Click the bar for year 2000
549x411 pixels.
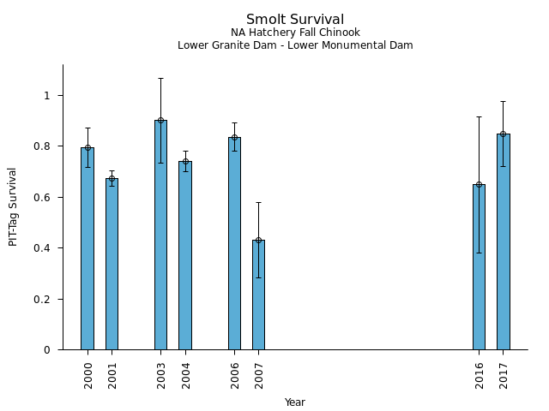[87, 248]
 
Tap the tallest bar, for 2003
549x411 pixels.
[160, 235]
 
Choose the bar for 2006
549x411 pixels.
[234, 243]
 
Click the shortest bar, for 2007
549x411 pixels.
[258, 295]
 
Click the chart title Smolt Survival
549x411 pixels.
[295, 20]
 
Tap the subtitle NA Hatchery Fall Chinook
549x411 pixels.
[295, 33]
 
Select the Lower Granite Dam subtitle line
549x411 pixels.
[295, 45]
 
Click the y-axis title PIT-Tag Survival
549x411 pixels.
[14, 206]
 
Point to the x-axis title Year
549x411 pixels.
[295, 402]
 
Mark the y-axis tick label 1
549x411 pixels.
[47, 95]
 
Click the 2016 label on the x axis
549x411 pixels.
[480, 375]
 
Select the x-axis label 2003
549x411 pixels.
[161, 375]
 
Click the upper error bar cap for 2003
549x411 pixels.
[160, 78]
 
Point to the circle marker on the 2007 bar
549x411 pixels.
[258, 240]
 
